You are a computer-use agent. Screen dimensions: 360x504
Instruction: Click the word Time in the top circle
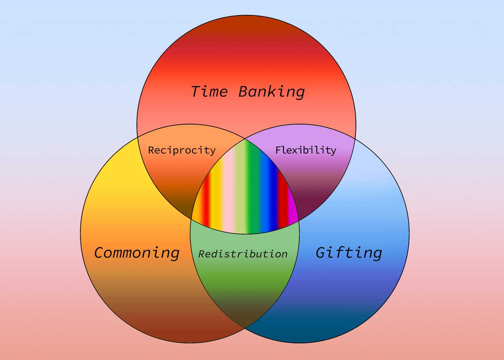point(209,92)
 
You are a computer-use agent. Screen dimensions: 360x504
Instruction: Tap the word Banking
point(272,92)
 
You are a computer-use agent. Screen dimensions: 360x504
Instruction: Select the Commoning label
point(137,253)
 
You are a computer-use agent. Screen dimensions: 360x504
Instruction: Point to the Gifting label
point(349,253)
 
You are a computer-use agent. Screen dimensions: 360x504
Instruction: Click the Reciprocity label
point(182,150)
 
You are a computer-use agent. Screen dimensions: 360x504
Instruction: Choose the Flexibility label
point(306,150)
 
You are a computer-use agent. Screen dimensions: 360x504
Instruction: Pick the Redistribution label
point(243,254)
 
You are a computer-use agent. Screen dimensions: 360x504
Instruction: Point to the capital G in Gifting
point(322,253)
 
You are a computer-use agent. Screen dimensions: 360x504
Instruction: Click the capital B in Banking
point(245,92)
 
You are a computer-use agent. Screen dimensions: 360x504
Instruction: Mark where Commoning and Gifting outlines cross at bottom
point(245,328)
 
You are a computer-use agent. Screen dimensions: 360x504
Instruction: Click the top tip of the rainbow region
point(245,139)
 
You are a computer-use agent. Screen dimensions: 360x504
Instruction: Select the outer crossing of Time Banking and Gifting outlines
point(355,139)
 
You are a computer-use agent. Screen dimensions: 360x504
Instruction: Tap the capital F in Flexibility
point(279,150)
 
